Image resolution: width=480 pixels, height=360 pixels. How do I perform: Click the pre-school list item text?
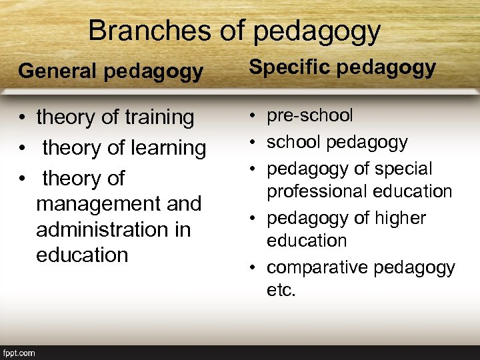click(309, 115)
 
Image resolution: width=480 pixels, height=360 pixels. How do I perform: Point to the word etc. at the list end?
click(281, 290)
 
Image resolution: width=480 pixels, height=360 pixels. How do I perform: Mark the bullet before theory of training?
click(23, 119)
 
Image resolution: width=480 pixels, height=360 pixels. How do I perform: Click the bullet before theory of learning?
click(23, 149)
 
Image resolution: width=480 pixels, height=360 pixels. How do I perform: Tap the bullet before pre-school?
click(254, 116)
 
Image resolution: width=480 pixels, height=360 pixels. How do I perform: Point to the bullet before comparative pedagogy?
click(254, 268)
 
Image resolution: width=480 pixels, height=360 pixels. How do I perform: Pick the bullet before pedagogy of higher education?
click(254, 219)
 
